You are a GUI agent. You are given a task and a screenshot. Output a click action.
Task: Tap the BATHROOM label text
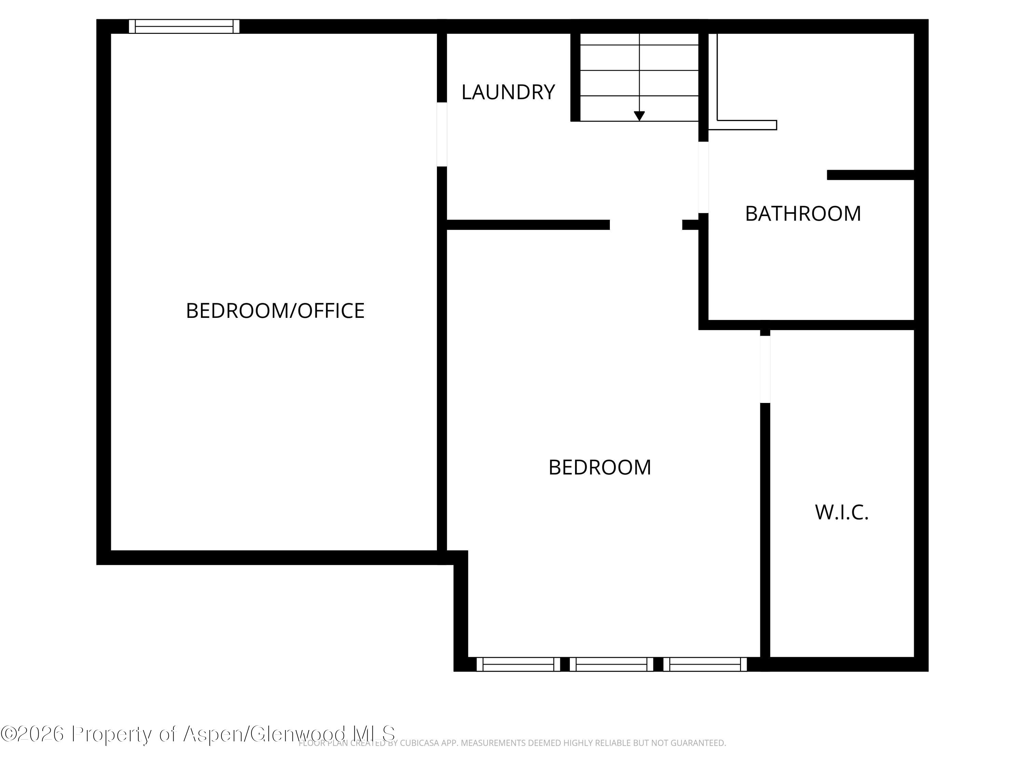pyautogui.click(x=803, y=214)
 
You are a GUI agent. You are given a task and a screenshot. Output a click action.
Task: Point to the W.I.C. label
pyautogui.click(x=842, y=512)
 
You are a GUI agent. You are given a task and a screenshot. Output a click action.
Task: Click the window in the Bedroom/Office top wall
pyautogui.click(x=184, y=26)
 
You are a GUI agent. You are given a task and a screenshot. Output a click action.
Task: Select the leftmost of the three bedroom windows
pyautogui.click(x=518, y=664)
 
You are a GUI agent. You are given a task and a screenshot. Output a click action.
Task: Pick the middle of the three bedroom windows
pyautogui.click(x=611, y=664)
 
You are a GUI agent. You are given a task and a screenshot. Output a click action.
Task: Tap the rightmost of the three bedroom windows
pyautogui.click(x=705, y=664)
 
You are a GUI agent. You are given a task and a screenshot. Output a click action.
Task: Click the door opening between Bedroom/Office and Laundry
pyautogui.click(x=441, y=134)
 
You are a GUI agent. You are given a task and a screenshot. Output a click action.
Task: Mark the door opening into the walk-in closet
pyautogui.click(x=765, y=369)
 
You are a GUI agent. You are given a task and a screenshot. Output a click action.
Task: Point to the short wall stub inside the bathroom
pyautogui.click(x=870, y=175)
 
